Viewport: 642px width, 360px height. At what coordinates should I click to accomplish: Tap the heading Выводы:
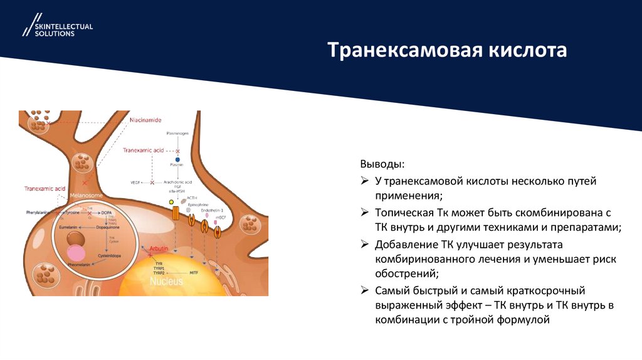click(382, 164)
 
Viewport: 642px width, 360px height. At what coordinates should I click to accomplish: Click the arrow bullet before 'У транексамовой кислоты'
click(364, 182)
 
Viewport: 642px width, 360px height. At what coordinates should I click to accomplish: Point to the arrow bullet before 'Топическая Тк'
click(364, 213)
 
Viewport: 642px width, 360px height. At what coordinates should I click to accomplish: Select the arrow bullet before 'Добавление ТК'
click(364, 244)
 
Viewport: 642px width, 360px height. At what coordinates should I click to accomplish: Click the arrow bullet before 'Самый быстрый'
click(364, 291)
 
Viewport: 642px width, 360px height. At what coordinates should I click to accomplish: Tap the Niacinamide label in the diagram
click(145, 119)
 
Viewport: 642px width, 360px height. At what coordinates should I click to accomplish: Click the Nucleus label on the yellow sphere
click(166, 282)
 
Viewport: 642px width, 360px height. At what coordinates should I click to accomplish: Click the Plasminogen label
click(177, 134)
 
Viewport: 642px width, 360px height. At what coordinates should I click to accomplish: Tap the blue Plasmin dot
click(177, 159)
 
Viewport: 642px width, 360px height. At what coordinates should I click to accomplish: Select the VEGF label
click(135, 183)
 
